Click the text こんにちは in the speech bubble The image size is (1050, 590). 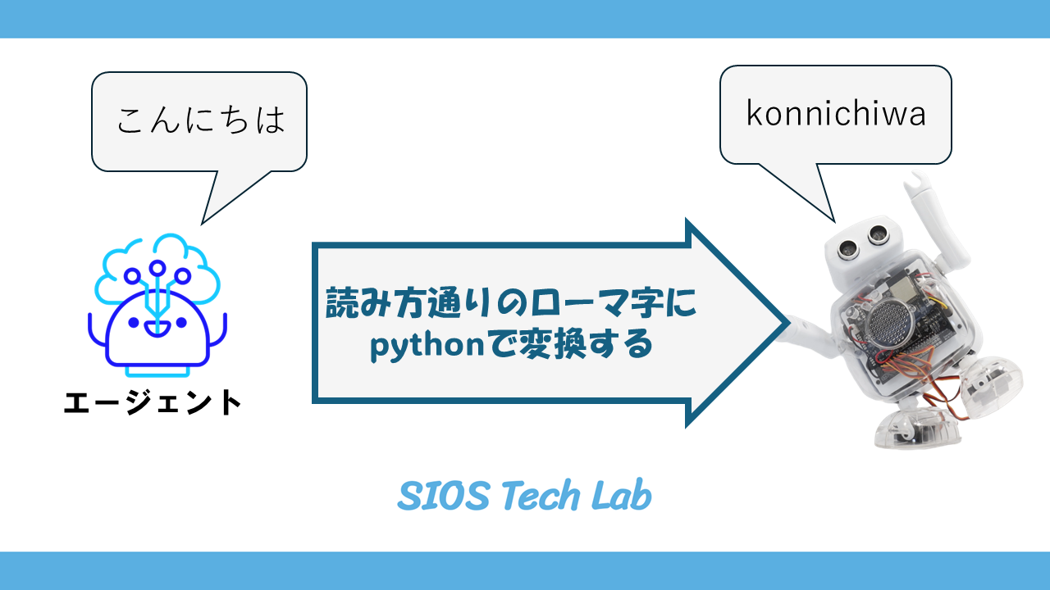[200, 120]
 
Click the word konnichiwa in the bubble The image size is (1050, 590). [836, 114]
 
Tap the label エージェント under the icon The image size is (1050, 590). [153, 402]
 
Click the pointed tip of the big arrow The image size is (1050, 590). [783, 323]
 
